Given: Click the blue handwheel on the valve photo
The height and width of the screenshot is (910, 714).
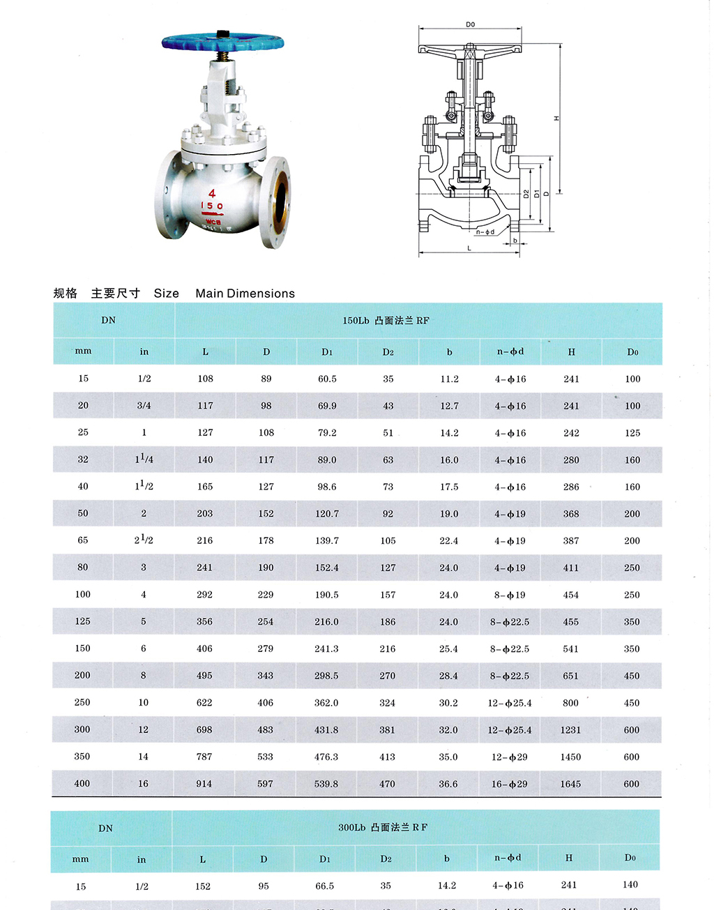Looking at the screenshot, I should (x=222, y=42).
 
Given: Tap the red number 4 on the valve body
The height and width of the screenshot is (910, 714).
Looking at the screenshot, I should (x=212, y=193).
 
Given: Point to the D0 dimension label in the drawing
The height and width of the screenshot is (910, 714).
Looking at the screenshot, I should (x=470, y=24).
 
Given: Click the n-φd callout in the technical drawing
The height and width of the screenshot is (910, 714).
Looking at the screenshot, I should (x=485, y=232).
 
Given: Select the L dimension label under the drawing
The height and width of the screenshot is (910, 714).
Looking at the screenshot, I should (x=469, y=248).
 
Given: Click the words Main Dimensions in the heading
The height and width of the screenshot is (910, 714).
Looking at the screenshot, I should (x=245, y=294).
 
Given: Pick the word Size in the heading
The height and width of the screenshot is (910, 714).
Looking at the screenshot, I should (x=166, y=294).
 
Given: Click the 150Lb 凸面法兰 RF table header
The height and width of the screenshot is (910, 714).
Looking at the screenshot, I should (x=386, y=321).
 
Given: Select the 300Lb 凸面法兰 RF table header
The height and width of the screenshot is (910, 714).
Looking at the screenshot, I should (x=383, y=828).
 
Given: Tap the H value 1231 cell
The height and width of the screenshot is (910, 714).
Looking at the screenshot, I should (x=570, y=730).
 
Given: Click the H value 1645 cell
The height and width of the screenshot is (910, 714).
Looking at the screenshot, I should (x=570, y=784).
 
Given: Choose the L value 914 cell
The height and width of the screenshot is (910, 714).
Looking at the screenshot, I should (x=204, y=784).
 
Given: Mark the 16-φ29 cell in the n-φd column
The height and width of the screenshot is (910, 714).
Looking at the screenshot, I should (x=509, y=784).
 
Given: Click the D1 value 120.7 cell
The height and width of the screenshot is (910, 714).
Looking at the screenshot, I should (x=327, y=514).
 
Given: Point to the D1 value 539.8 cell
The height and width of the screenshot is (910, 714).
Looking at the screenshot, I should (x=326, y=784).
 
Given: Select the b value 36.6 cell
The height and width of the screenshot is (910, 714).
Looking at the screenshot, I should (x=448, y=784).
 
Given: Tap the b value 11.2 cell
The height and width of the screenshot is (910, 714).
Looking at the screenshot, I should (x=450, y=379).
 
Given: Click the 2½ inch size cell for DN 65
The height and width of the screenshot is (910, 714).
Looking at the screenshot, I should (x=144, y=540).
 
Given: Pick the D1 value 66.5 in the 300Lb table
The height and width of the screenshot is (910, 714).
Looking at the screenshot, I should (x=325, y=886).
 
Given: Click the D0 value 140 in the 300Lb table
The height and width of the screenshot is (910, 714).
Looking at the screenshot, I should (x=630, y=885).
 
